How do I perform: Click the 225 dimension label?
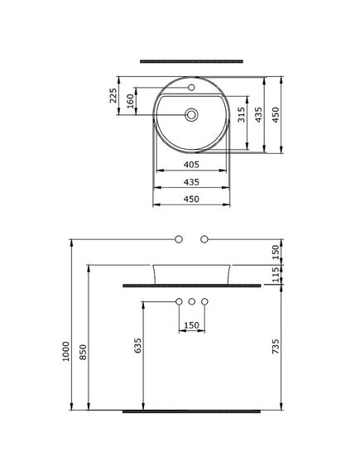(113, 95)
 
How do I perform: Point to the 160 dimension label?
(130, 101)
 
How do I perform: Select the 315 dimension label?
(242, 115)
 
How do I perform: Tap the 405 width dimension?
(191, 164)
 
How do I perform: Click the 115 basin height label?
(276, 275)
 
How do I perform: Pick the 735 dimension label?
(276, 346)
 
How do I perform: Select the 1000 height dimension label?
(65, 351)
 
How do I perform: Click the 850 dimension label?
(83, 352)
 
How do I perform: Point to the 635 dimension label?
(137, 345)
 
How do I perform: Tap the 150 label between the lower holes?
(191, 325)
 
